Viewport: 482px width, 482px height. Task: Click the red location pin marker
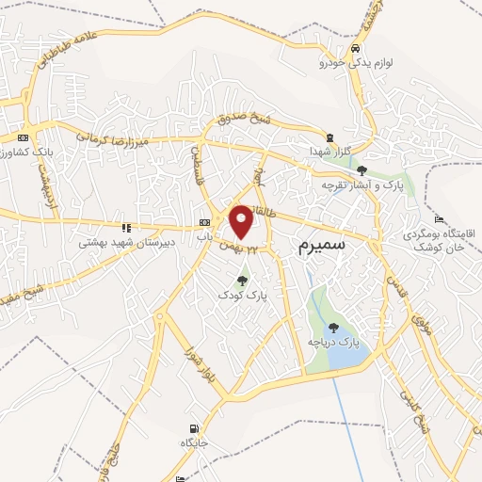242,221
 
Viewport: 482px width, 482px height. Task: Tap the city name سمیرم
323,247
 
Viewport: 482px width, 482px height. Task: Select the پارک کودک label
243,295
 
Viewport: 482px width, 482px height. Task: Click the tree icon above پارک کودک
243,280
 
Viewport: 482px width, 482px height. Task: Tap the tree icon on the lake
334,327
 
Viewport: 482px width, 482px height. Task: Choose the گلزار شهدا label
329,152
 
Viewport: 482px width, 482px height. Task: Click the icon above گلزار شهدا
329,137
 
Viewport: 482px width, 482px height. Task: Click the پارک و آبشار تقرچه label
361,185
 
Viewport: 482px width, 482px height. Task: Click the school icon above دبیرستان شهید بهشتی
126,227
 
